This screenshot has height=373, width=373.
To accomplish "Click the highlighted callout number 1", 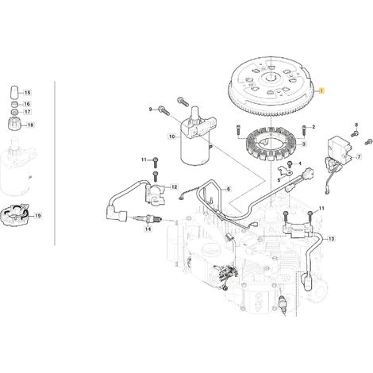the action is (321, 90).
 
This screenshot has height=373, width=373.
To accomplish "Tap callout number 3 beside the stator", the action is (304, 144).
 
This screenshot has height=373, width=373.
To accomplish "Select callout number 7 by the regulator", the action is (359, 156).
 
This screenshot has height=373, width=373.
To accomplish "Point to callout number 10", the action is (172, 137).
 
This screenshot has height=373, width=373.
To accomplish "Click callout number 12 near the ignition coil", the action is (174, 187).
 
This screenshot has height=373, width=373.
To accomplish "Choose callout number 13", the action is (331, 239).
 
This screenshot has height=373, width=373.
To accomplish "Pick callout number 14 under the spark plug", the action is (148, 229).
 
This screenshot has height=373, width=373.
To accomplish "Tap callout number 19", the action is (38, 216).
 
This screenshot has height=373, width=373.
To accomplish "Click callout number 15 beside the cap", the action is (28, 93).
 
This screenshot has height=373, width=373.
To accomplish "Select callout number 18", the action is (31, 125).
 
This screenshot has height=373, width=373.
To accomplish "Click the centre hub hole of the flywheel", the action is (270, 78).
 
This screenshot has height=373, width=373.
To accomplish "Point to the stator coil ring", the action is (271, 144).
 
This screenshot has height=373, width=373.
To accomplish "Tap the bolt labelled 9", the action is (163, 110).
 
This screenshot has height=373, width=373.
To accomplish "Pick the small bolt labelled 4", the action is (290, 164).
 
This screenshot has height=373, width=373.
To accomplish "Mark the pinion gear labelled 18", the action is (14, 124).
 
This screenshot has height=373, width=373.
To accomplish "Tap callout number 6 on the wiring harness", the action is (228, 189).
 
